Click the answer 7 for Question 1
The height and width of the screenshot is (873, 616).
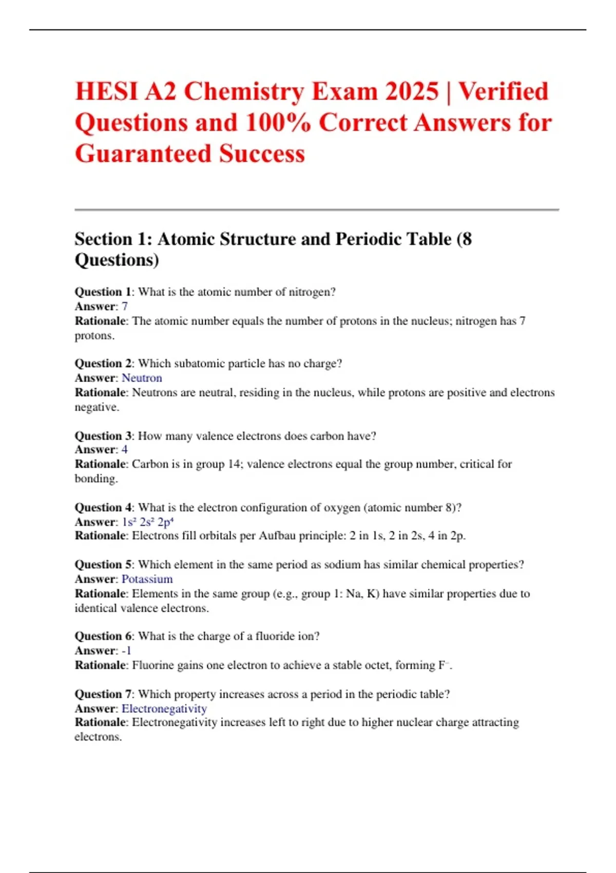point(125,307)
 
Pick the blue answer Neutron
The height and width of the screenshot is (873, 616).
point(142,378)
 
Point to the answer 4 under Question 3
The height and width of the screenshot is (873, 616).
point(125,450)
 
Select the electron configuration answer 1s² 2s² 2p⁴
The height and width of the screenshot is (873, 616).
point(148,522)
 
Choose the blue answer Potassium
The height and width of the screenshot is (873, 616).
point(147,579)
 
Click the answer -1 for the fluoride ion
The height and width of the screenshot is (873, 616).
point(126,651)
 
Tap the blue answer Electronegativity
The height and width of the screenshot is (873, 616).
point(164,709)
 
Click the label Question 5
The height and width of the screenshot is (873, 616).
point(103,565)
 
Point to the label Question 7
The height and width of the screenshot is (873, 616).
point(103,694)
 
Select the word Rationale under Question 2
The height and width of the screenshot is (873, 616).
point(100,392)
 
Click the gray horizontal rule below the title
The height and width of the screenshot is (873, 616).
point(317,210)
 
